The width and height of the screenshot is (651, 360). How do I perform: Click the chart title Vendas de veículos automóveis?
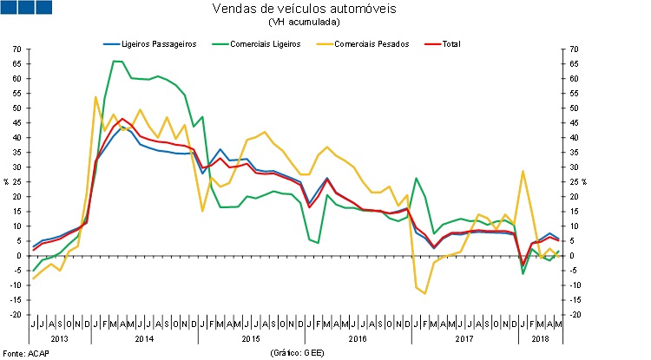pos(325,10)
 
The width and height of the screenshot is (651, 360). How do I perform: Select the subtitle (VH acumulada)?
pos(325,23)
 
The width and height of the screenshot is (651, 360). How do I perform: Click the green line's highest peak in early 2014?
pos(115,61)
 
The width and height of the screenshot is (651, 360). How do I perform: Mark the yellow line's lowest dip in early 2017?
pos(424,293)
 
